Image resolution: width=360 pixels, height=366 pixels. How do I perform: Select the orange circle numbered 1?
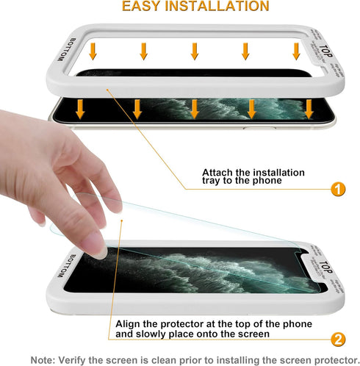pyautogui.click(x=338, y=190)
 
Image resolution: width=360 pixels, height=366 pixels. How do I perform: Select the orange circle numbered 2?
pyautogui.click(x=338, y=340)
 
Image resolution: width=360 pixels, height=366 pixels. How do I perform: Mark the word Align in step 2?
pyautogui.click(x=130, y=324)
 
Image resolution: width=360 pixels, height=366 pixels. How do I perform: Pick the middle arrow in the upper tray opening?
pyautogui.click(x=195, y=51)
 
